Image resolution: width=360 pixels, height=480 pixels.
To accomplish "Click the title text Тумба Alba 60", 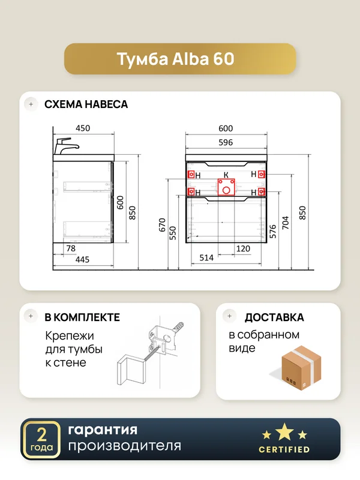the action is pyautogui.click(x=175, y=59).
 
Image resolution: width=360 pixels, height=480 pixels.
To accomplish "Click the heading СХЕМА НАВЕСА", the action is pyautogui.click(x=86, y=104).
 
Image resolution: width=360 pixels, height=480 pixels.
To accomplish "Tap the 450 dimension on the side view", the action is pyautogui.click(x=83, y=128).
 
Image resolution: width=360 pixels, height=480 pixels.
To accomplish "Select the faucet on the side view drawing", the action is pyautogui.click(x=66, y=146).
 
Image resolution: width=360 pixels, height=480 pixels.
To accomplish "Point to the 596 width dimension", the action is pyautogui.click(x=226, y=142).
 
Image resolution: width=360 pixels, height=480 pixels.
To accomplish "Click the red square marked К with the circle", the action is pyautogui.click(x=226, y=187).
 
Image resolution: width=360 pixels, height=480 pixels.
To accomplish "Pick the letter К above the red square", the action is pyautogui.click(x=226, y=175).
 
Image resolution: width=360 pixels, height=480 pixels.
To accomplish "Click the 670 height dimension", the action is pyautogui.click(x=162, y=224).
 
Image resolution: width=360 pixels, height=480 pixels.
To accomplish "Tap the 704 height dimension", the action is pyautogui.click(x=286, y=223).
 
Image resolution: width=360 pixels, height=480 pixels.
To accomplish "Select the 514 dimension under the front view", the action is pyautogui.click(x=206, y=258).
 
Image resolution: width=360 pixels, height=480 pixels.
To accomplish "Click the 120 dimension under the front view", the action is pyautogui.click(x=243, y=248).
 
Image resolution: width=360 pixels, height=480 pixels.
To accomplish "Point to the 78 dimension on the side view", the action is pyautogui.click(x=71, y=248).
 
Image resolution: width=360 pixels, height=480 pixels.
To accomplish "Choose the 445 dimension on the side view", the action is pyautogui.click(x=82, y=260).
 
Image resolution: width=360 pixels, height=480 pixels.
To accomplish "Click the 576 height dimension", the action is pyautogui.click(x=273, y=232).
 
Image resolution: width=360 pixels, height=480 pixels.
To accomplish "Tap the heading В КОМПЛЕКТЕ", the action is pyautogui.click(x=82, y=317).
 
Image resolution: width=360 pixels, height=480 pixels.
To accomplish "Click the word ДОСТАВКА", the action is pyautogui.click(x=274, y=317).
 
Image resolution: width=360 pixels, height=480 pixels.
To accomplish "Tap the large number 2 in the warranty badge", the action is pyautogui.click(x=41, y=434).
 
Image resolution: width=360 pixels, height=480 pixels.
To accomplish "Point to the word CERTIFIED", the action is pyautogui.click(x=284, y=449).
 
